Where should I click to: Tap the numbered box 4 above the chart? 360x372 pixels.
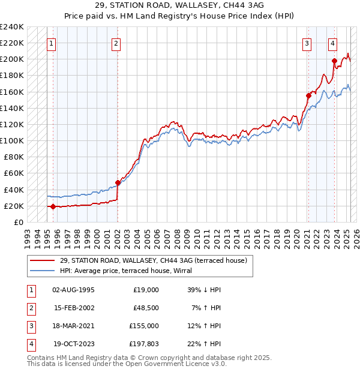[332, 43]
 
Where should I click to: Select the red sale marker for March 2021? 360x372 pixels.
[308, 95]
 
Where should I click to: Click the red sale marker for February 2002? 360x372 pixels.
[118, 182]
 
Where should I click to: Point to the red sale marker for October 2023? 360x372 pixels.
[334, 61]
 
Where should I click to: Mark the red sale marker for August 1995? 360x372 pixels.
[53, 206]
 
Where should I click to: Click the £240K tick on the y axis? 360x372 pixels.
[11, 27]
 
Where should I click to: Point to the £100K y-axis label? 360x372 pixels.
[11, 140]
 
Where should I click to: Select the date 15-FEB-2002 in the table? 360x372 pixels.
[74, 308]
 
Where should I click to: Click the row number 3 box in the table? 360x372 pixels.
[31, 326]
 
